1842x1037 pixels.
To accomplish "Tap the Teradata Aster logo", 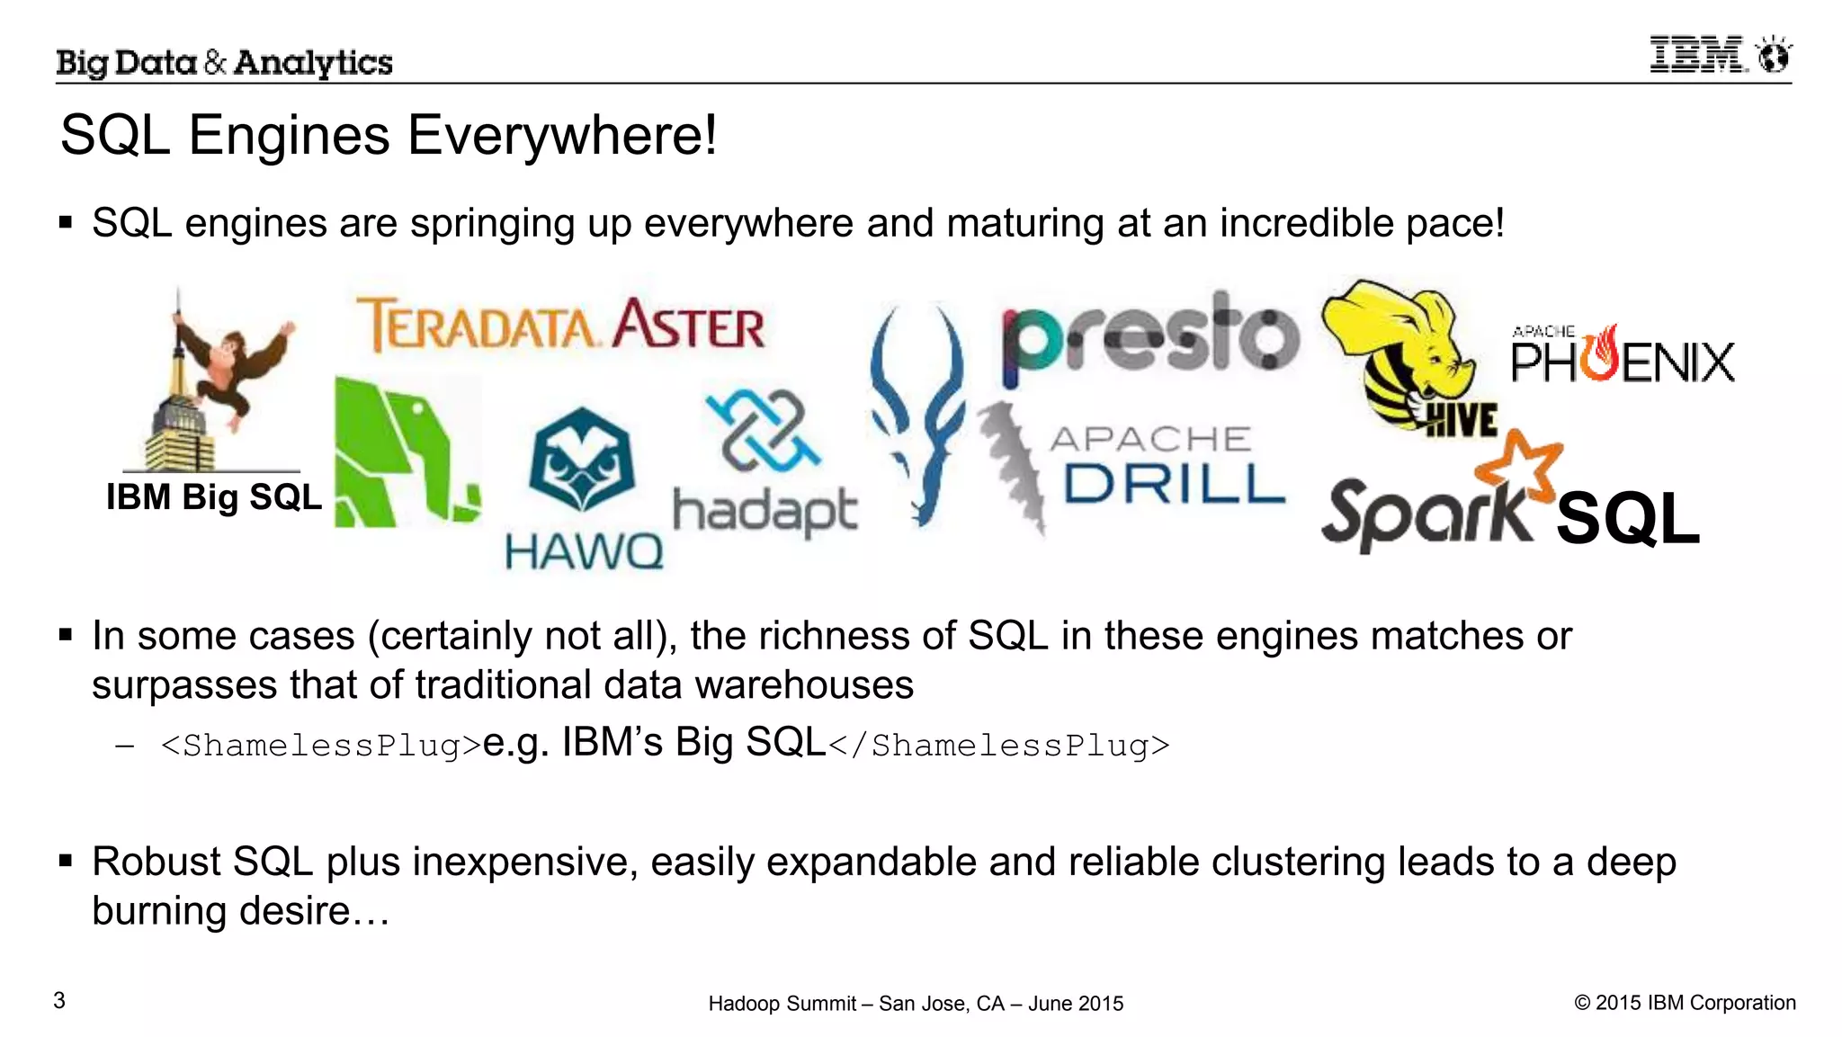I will coord(561,325).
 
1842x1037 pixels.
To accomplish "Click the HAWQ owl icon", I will coord(582,458).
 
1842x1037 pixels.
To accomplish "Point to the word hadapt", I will coord(765,511).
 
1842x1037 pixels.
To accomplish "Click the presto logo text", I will coord(1150,336).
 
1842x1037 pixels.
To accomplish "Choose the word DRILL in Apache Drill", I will coord(1174,484).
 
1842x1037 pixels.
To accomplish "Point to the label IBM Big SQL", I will coord(213,496).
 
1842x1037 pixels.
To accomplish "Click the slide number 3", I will coord(59,1000).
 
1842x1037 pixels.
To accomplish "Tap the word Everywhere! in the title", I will coord(562,136).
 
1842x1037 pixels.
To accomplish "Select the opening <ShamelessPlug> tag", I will coord(321,746).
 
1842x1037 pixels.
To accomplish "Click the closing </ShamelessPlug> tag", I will coord(998,746).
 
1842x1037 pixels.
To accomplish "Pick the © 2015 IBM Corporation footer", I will coord(1685,1002).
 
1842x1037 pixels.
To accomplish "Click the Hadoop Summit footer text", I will coord(916,1003).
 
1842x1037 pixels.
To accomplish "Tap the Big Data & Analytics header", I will coord(224,62).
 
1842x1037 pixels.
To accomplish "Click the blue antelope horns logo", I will coord(917,414).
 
